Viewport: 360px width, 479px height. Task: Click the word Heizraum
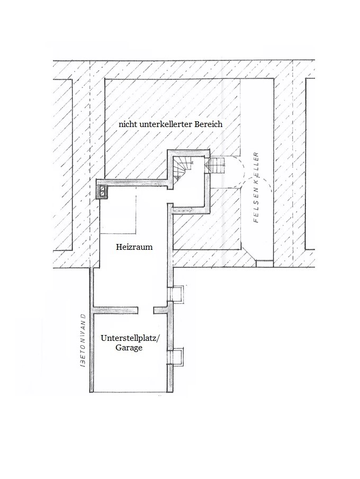[x=134, y=247]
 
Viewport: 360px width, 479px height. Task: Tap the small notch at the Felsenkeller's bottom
[x=263, y=262]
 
